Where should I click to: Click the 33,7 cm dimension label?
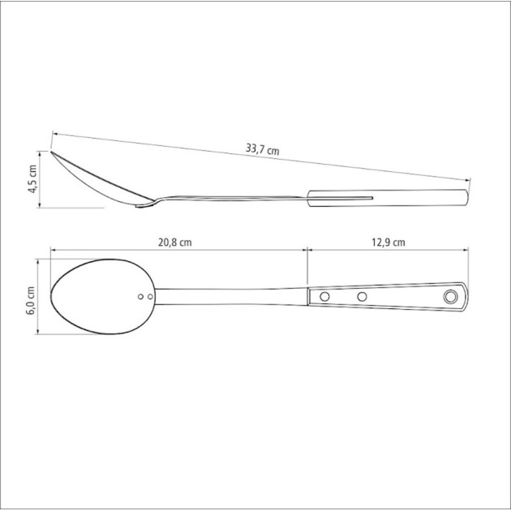click(x=262, y=149)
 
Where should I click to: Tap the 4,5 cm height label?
click(x=32, y=179)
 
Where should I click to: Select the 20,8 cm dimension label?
click(x=175, y=243)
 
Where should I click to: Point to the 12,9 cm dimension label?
click(x=389, y=243)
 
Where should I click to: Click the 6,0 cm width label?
click(x=30, y=300)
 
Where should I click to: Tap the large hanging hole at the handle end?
click(x=450, y=297)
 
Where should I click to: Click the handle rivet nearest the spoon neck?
click(x=324, y=297)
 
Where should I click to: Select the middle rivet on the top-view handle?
click(x=362, y=297)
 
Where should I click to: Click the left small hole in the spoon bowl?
click(x=141, y=297)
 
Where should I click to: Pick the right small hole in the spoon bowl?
click(x=150, y=297)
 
